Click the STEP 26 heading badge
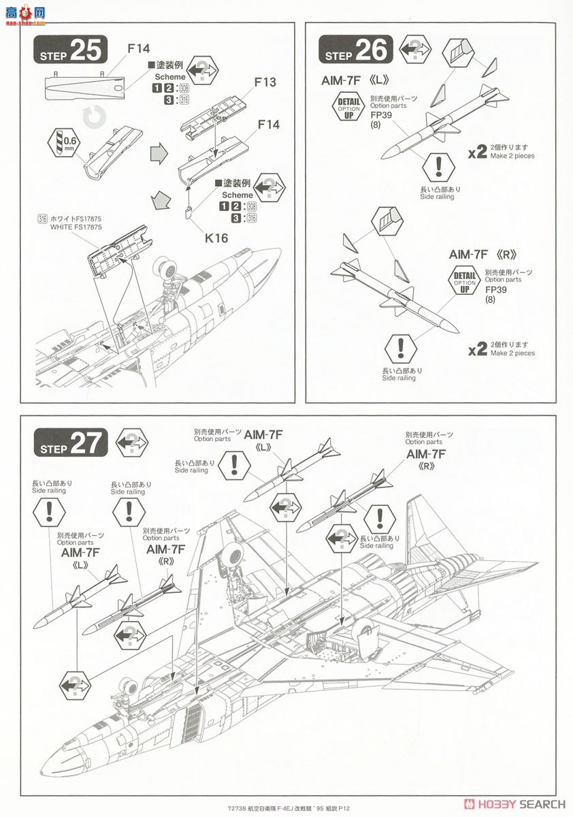pyautogui.click(x=357, y=50)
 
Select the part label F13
pyautogui.click(x=265, y=82)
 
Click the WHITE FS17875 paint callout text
pyautogui.click(x=75, y=226)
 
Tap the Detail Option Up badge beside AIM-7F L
pyautogui.click(x=350, y=108)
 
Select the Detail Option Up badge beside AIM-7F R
pyautogui.click(x=465, y=281)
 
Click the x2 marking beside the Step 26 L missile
pyautogui.click(x=478, y=152)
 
